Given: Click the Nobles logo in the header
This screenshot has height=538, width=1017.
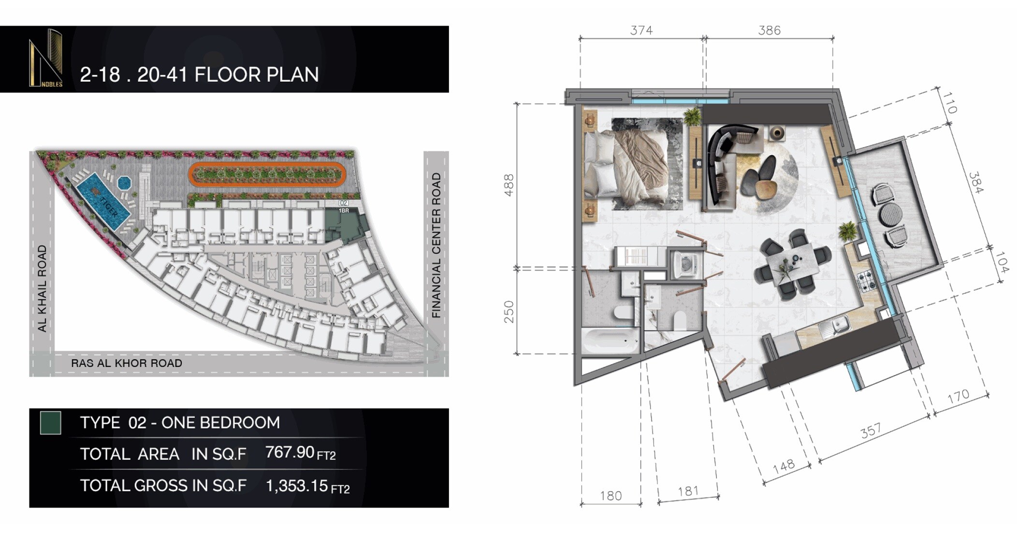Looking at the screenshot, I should pos(46,59).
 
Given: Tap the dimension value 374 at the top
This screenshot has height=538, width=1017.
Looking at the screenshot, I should pos(641,30).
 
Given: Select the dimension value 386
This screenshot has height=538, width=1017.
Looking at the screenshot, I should pos(769,30).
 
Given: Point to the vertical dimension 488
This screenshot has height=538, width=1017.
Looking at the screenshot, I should pos(509,185).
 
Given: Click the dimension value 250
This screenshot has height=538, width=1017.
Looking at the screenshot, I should pos(509,312).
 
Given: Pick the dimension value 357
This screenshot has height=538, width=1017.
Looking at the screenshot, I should pos(871,431).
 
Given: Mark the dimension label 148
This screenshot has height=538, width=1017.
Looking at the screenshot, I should pos(784,466).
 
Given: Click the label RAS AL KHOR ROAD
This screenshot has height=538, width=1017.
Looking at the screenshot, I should pos(127,363).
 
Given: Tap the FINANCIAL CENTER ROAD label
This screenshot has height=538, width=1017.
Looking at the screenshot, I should pos(436,245).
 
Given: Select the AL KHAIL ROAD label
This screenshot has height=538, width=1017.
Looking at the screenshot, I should pos(42,288).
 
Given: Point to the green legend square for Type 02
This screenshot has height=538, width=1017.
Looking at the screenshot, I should pos(50,423).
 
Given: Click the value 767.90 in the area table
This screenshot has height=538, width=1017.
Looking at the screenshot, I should pos(290,452).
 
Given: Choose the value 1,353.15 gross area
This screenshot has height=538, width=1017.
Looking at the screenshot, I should pos(297,486).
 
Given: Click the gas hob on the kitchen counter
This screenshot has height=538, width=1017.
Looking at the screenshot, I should pos(867,281).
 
